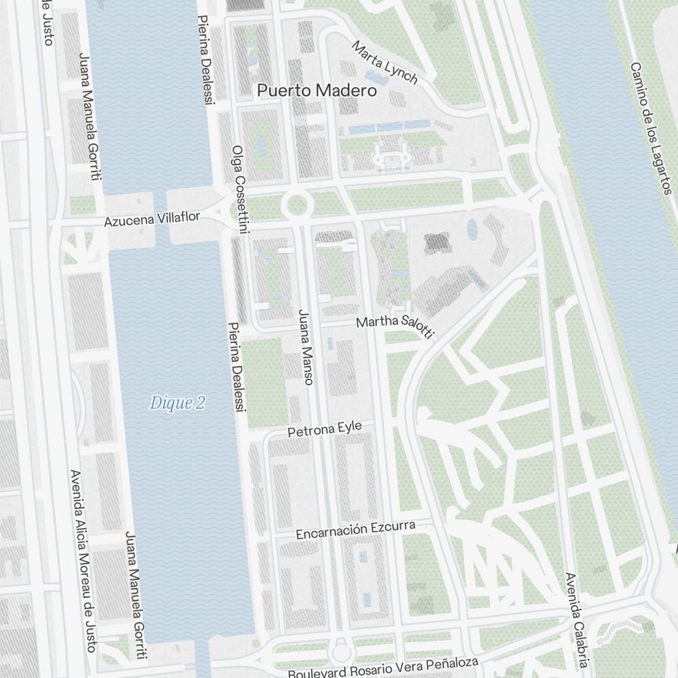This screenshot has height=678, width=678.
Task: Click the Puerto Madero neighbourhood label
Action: coord(317,90)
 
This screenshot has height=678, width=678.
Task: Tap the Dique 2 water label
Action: coord(177,403)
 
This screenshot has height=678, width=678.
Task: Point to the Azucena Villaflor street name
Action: coord(152,219)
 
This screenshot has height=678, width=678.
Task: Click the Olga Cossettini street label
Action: coord(240,190)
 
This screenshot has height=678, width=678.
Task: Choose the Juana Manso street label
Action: coord(305,347)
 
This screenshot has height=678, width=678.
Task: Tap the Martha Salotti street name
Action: coord(395,325)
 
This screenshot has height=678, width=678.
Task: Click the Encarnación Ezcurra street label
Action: coord(364,530)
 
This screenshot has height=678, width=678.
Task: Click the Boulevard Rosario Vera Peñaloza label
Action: coord(383,668)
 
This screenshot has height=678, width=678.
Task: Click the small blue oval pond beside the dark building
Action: coord(472,229)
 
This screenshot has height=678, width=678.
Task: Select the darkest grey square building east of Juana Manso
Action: coord(435,242)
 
